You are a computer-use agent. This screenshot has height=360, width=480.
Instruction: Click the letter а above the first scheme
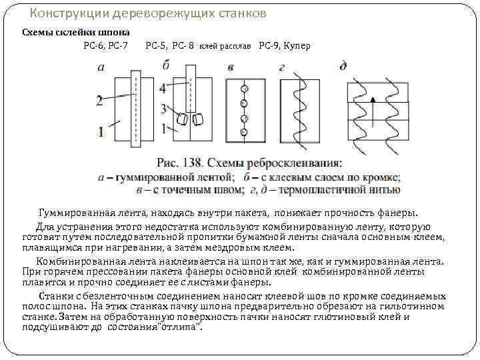[101, 67]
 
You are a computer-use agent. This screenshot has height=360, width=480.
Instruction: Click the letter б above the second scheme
[165, 65]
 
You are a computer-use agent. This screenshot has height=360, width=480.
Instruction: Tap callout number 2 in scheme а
[99, 101]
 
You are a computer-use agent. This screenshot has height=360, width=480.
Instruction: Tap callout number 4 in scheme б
[163, 88]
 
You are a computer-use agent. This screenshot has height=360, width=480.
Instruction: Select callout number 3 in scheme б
[163, 108]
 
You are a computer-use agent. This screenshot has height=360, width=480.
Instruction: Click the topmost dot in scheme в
[244, 89]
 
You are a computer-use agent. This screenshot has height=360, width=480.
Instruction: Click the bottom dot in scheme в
[244, 132]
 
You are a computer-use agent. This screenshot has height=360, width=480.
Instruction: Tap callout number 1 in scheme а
[101, 131]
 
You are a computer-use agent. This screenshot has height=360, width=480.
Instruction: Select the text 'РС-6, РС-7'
[106, 46]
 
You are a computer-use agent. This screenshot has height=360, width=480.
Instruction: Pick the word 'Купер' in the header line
[297, 46]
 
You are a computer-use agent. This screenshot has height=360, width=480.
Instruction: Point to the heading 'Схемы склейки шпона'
[76, 32]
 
